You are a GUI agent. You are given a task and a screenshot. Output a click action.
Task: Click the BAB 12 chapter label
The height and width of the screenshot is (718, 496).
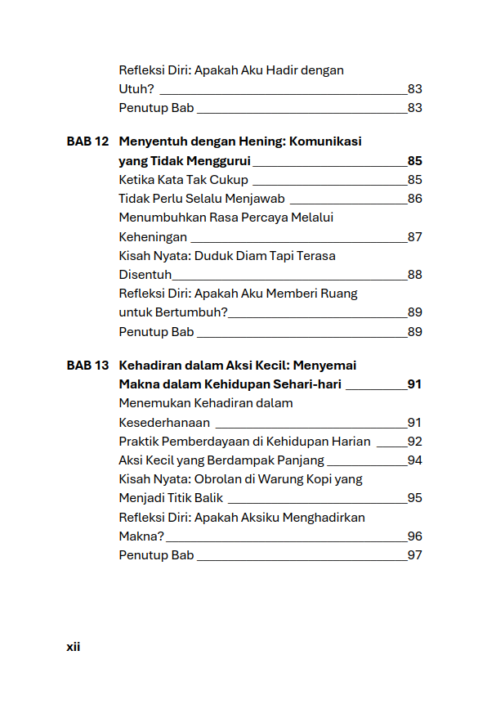[x=87, y=141]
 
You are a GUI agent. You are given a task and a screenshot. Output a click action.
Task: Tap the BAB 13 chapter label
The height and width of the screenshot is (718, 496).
[x=87, y=366]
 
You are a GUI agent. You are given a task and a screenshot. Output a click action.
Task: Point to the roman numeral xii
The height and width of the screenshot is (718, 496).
[x=73, y=647]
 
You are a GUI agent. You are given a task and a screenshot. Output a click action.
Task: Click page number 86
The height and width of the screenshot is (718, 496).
[x=414, y=199]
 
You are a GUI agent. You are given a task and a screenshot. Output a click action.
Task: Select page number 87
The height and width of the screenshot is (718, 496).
[x=414, y=237]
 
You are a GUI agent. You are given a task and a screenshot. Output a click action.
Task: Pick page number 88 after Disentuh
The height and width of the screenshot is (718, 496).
[x=414, y=275]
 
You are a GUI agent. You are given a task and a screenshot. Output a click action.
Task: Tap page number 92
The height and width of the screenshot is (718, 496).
[x=414, y=442]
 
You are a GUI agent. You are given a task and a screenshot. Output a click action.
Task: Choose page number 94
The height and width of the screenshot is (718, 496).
[x=414, y=460]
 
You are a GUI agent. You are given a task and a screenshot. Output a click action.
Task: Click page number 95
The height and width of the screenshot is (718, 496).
[x=414, y=498]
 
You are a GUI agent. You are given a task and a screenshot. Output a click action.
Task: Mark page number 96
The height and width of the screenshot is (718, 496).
[x=414, y=536]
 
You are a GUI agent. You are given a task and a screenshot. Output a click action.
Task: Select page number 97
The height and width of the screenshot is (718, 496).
[x=414, y=555]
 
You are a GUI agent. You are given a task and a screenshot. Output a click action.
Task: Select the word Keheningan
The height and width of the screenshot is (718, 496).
[x=153, y=237]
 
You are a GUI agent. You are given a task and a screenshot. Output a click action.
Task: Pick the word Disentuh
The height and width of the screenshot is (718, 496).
[x=145, y=275]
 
